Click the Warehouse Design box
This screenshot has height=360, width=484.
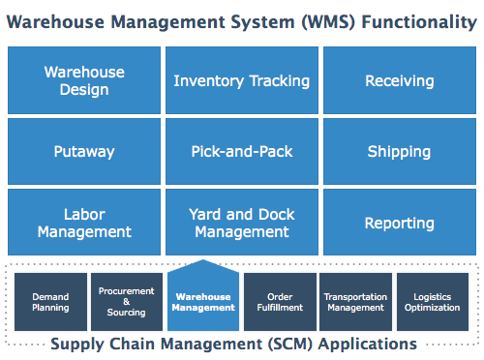[83, 80]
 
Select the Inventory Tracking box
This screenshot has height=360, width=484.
[241, 80]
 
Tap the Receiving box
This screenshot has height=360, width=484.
[399, 80]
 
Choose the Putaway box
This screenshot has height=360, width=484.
[83, 151]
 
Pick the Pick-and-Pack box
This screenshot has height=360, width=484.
[241, 151]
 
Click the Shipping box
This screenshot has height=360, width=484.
[399, 151]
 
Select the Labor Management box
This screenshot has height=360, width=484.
[83, 223]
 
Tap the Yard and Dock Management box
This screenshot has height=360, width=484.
[241, 223]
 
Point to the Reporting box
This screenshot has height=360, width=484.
[399, 223]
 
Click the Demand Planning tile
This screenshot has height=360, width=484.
[50, 302]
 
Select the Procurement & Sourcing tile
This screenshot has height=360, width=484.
[126, 301]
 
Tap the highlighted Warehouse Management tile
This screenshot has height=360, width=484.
[202, 301]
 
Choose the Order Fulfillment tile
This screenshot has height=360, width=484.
[280, 302]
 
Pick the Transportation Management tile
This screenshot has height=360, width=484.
[355, 302]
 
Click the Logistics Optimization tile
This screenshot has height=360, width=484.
[432, 302]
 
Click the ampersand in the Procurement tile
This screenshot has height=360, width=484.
[126, 301]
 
